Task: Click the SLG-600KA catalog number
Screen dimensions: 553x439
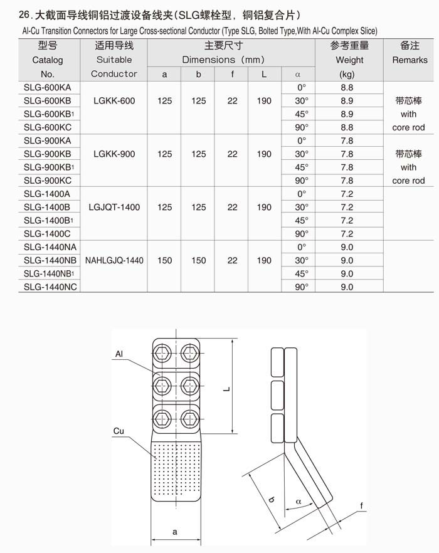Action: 48,87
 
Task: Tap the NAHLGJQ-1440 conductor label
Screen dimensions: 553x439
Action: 114,260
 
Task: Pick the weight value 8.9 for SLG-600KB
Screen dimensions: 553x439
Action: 346,100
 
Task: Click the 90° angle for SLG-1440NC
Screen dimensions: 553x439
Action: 302,287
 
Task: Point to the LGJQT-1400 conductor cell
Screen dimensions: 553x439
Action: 114,207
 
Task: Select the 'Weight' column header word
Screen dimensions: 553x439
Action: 349,60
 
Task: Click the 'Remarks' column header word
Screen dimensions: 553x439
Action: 410,60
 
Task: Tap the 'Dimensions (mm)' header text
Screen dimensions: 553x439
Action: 223,60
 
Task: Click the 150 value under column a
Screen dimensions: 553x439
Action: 165,260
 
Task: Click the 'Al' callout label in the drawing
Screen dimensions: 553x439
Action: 119,355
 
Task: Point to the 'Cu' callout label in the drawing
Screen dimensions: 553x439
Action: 119,431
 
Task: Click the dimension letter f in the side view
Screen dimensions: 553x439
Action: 362,505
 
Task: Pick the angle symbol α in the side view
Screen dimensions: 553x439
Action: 299,502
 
